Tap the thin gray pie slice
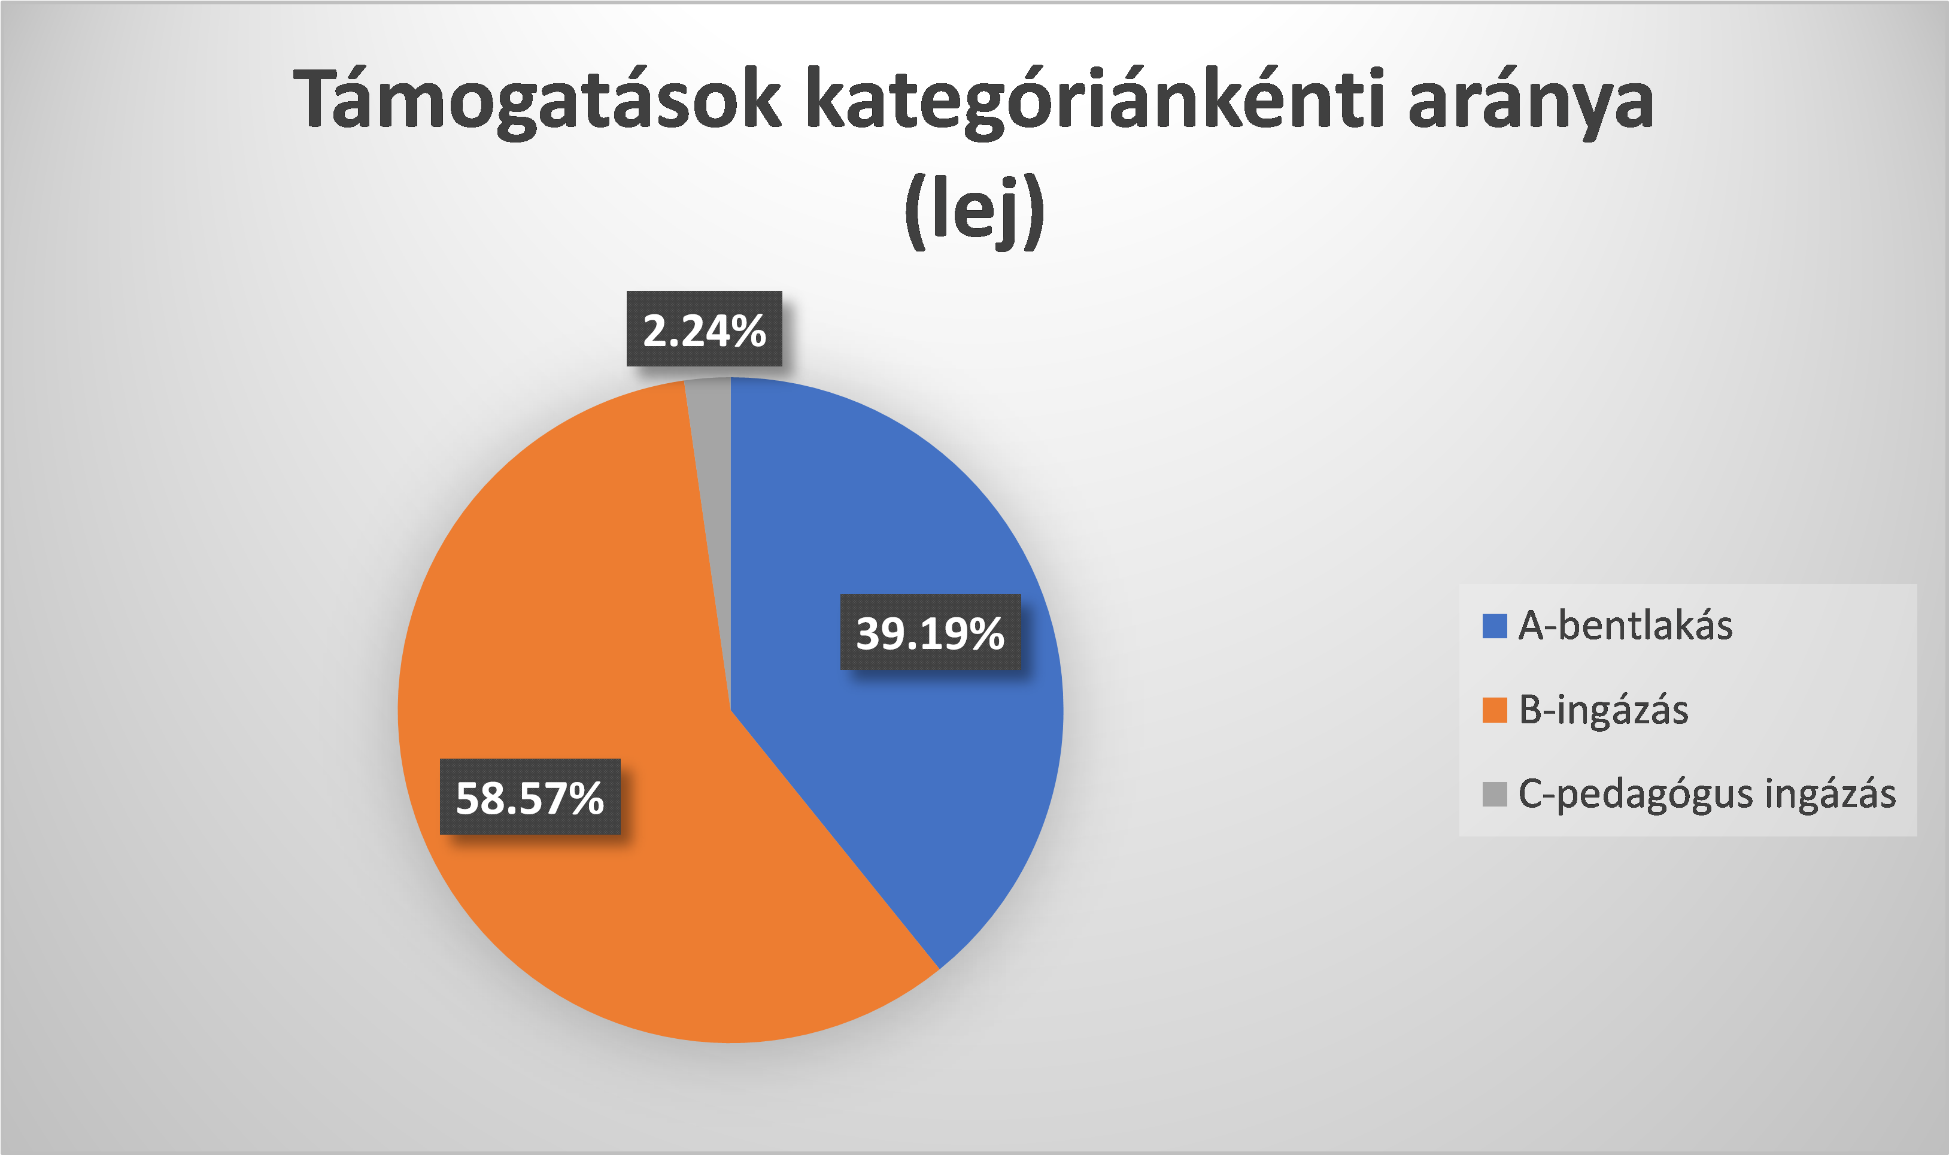coord(712,467)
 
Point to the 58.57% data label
coord(530,797)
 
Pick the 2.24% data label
coord(704,329)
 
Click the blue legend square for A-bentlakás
coord(1495,626)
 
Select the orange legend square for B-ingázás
coord(1495,710)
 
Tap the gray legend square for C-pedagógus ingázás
coord(1495,794)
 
